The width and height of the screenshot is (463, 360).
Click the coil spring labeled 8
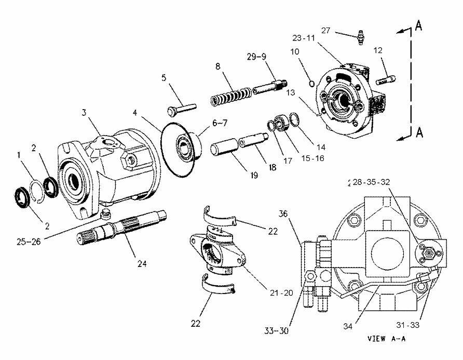point(230,97)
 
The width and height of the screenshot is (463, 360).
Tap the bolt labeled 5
point(181,108)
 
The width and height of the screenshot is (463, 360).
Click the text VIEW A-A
point(386,339)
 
